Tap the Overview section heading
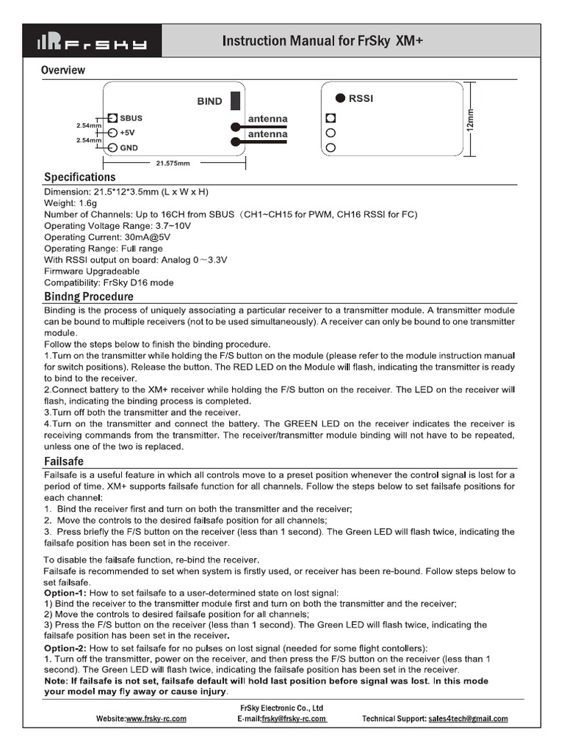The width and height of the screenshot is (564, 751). click(x=63, y=70)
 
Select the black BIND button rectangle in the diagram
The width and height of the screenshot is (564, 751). click(x=236, y=101)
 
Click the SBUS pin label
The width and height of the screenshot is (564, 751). click(x=131, y=118)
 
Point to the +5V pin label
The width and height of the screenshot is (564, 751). click(x=128, y=133)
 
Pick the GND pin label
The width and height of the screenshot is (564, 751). click(x=129, y=147)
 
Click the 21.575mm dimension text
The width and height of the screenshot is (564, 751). click(x=173, y=163)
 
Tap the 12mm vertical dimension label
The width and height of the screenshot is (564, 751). click(x=471, y=119)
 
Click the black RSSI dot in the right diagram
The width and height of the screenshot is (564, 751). click(x=341, y=98)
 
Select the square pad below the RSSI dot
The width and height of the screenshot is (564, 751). click(x=330, y=117)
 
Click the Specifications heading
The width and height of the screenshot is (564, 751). click(x=79, y=177)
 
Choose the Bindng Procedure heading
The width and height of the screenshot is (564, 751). click(x=89, y=297)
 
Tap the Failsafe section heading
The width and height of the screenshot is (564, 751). click(x=64, y=461)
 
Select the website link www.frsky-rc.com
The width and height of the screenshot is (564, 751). click(x=156, y=719)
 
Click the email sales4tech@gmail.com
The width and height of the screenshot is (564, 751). click(x=468, y=719)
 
